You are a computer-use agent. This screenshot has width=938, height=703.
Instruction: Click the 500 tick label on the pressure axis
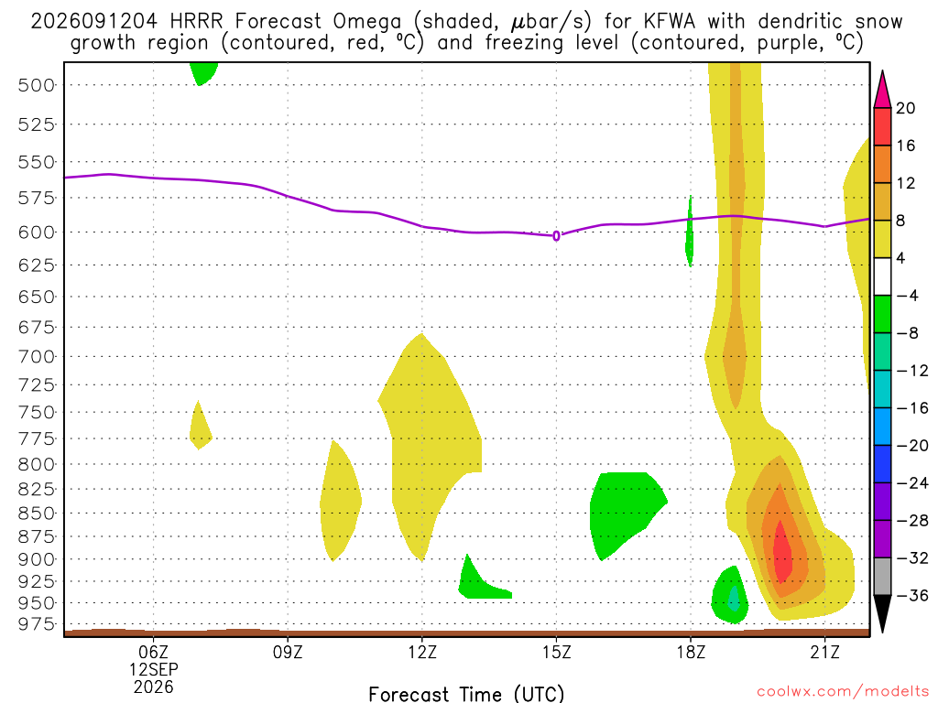tap(37, 85)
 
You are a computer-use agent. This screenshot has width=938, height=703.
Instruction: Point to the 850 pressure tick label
tap(37, 513)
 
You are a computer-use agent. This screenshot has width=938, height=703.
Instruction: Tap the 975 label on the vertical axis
tap(37, 623)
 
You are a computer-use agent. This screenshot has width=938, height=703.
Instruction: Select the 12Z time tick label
tap(422, 652)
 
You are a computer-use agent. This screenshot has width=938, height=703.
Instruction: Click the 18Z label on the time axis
tap(691, 652)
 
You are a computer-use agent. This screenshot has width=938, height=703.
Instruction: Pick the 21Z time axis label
tap(825, 652)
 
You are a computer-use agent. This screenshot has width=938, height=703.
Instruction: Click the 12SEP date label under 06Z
tap(154, 669)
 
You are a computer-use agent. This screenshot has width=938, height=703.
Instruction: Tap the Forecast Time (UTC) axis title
tap(466, 694)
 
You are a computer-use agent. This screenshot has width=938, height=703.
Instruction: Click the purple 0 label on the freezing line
tap(556, 236)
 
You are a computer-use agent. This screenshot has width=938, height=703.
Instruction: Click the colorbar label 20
tap(905, 108)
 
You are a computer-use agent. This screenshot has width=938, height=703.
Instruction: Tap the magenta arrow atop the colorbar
tap(882, 90)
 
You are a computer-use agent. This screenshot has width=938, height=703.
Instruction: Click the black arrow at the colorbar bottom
tap(882, 613)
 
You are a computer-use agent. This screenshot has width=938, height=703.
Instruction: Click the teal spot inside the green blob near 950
tap(734, 599)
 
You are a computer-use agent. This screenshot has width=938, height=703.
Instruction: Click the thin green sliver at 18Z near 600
tap(690, 231)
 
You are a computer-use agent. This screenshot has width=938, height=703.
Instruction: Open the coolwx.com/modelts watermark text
tap(843, 692)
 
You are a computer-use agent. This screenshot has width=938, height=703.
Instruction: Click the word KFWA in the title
tap(670, 22)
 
